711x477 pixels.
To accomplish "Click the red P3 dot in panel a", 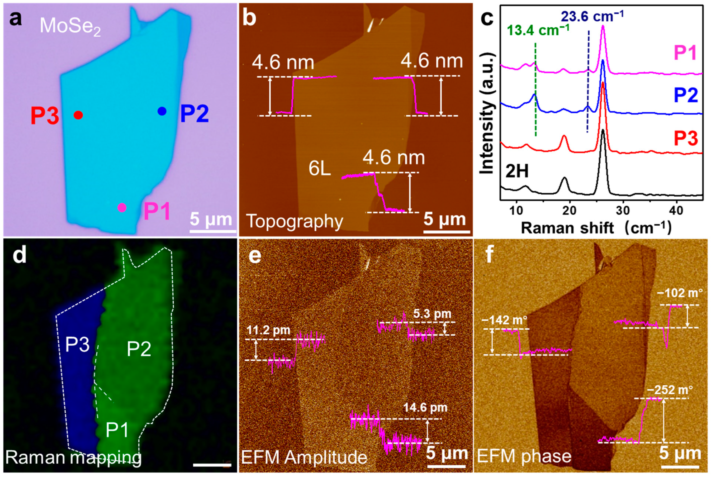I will tap(78, 115).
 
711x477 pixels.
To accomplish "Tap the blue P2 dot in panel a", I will tap(162, 111).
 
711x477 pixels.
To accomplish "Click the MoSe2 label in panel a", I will tap(70, 26).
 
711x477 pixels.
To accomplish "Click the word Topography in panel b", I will tap(295, 221).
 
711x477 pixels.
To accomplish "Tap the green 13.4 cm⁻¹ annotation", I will tap(538, 30).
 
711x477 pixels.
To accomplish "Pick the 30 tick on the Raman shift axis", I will tap(623, 211).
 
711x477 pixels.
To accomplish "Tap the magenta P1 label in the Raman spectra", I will tap(685, 52).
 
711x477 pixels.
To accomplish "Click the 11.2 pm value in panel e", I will tap(268, 330).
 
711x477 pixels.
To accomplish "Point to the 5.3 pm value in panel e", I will tap(432, 314).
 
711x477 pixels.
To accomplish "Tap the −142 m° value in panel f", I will tap(504, 320).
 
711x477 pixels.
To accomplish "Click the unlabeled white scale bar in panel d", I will tap(212, 465).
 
